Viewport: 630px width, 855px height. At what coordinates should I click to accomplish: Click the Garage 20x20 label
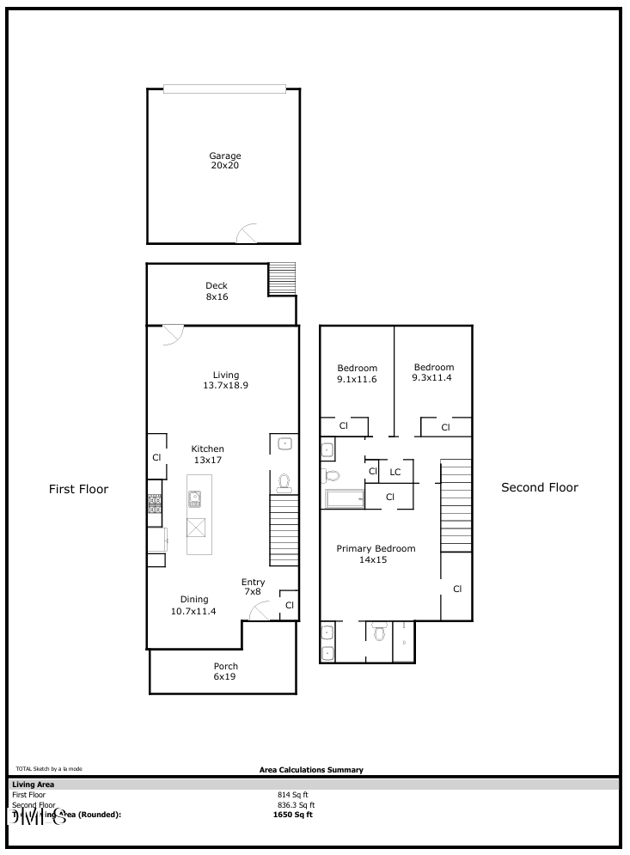[x=224, y=161]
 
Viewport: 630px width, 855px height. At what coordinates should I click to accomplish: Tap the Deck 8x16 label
[x=217, y=291]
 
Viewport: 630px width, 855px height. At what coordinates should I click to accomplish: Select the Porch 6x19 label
[x=225, y=671]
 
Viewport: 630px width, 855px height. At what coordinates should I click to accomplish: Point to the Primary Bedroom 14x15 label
[x=376, y=554]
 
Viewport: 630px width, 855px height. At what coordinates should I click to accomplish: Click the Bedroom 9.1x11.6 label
[x=356, y=374]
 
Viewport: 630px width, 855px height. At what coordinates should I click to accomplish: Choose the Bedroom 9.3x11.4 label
[x=432, y=370]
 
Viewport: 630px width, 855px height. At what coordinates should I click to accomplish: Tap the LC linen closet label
[x=395, y=472]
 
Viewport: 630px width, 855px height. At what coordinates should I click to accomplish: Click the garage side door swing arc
[x=248, y=234]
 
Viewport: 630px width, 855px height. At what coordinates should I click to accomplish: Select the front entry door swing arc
[x=259, y=610]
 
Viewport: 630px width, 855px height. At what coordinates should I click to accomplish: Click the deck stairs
[x=282, y=278]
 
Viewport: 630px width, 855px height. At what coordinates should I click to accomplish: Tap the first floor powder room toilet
[x=284, y=484]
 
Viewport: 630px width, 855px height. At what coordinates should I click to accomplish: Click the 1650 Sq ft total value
[x=293, y=815]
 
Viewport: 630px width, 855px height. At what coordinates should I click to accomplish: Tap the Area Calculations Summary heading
[x=311, y=770]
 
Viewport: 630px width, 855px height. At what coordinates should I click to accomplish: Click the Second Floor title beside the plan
[x=540, y=487]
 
